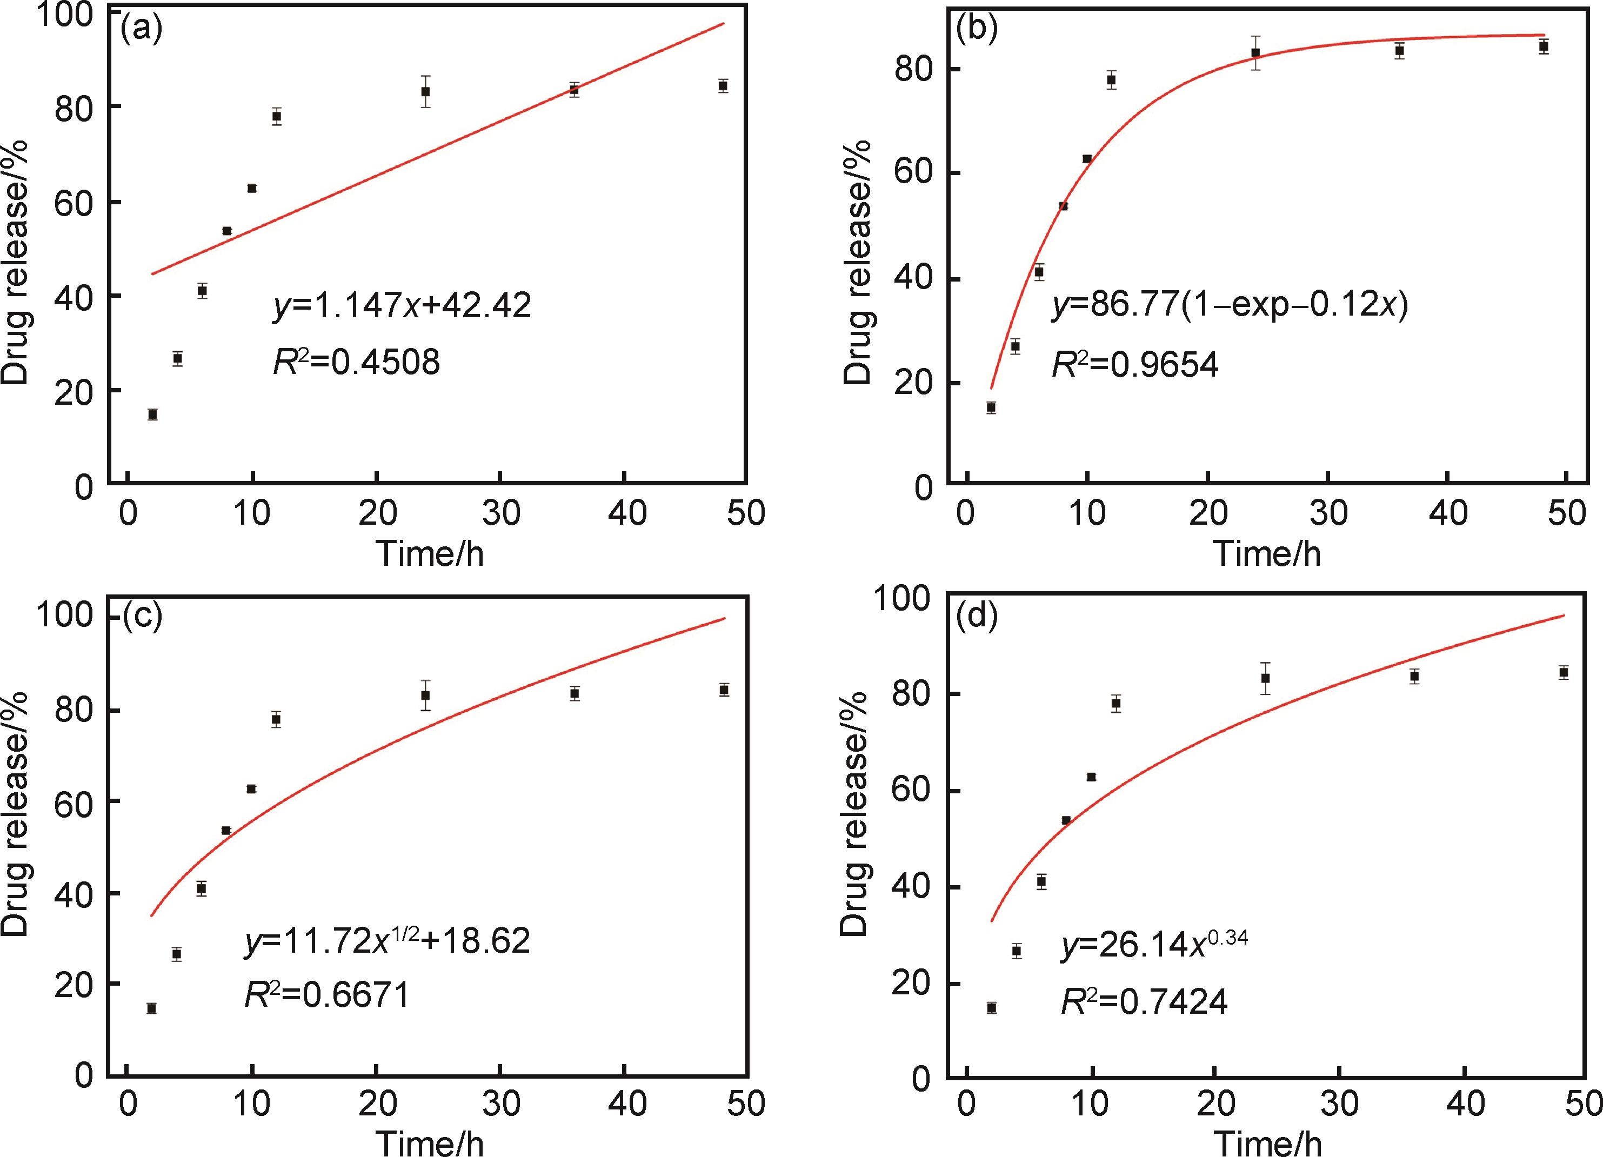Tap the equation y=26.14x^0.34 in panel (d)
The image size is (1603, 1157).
pyautogui.click(x=1153, y=946)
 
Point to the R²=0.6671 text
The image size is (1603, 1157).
pyautogui.click(x=326, y=996)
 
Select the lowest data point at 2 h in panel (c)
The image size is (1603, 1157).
pyautogui.click(x=151, y=1008)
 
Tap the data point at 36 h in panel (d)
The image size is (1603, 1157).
pyautogui.click(x=1414, y=677)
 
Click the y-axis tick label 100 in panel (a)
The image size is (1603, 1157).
pyautogui.click(x=65, y=16)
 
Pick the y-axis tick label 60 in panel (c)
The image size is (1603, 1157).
pyautogui.click(x=74, y=801)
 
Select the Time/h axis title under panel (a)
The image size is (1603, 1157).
pyautogui.click(x=430, y=553)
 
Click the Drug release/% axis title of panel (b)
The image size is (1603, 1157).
pyautogui.click(x=857, y=262)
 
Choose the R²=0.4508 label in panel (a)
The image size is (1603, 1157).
pyautogui.click(x=356, y=363)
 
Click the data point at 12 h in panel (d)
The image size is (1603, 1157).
pyautogui.click(x=1116, y=703)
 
